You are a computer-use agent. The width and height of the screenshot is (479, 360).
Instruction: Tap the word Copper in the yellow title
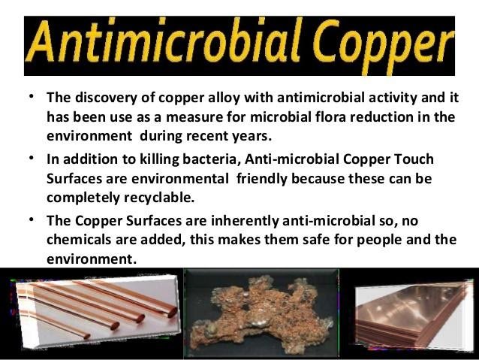pyautogui.click(x=384, y=46)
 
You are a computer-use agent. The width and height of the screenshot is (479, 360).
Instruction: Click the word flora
pyautogui.click(x=329, y=116)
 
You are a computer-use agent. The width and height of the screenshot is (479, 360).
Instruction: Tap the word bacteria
pyautogui.click(x=209, y=159)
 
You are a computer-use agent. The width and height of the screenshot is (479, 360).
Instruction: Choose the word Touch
pyautogui.click(x=414, y=159)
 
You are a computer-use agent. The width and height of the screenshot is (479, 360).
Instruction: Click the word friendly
pyautogui.click(x=262, y=179)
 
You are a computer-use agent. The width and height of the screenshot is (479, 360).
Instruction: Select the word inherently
pyautogui.click(x=245, y=221)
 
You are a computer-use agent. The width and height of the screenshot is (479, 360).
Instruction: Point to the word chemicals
pyautogui.click(x=79, y=239)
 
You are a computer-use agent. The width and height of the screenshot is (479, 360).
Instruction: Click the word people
pyautogui.click(x=379, y=240)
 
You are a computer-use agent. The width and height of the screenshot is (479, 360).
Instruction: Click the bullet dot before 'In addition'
pyautogui.click(x=32, y=158)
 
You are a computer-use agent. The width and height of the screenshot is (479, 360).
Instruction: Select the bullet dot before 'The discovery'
pyautogui.click(x=32, y=97)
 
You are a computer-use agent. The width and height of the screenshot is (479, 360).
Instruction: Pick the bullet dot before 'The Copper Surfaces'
pyautogui.click(x=32, y=219)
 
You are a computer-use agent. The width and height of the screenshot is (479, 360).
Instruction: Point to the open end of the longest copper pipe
pyautogui.click(x=172, y=313)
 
